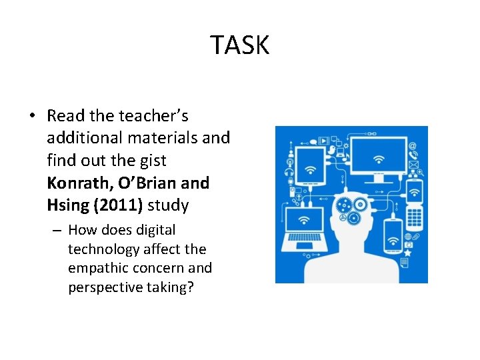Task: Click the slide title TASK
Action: coord(240,45)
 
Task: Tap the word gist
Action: coord(153,161)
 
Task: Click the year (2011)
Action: coord(117,205)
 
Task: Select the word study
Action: coord(169,205)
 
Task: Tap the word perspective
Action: coord(109,287)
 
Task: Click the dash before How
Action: coord(56,231)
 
